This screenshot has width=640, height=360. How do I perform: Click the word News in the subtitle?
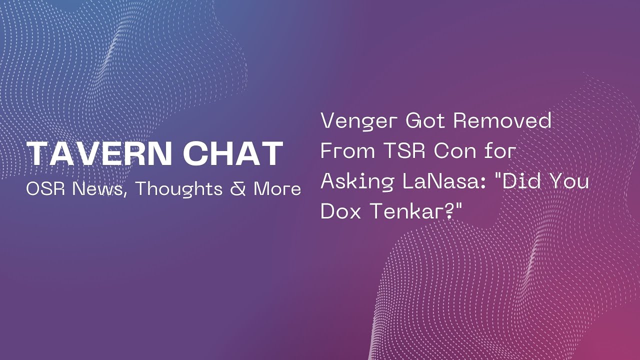[99, 189]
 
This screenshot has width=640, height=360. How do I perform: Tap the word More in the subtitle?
[277, 189]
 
